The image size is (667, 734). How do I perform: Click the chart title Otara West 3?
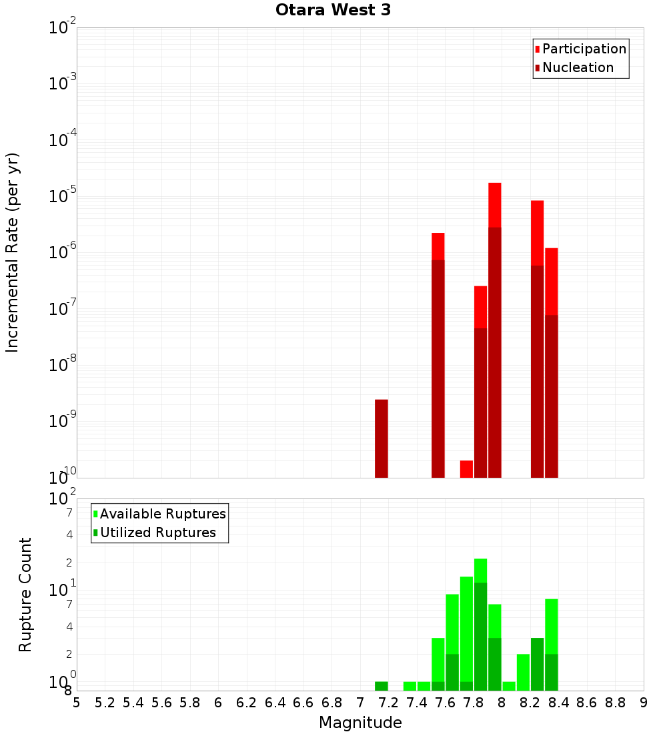[333, 11]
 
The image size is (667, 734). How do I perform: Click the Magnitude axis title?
[360, 723]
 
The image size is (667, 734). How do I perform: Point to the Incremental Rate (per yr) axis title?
[13, 252]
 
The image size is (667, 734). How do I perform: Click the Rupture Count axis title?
[25, 595]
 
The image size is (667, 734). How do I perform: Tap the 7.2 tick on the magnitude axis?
[389, 703]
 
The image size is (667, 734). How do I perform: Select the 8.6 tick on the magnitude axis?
[587, 703]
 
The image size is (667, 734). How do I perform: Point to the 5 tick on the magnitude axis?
[77, 703]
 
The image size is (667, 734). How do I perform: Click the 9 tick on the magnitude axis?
[644, 703]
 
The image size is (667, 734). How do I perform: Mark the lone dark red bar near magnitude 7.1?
[382, 438]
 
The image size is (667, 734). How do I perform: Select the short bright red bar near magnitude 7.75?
[466, 469]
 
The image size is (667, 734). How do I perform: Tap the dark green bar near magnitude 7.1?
[382, 686]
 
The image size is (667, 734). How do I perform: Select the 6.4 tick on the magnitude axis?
[275, 703]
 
